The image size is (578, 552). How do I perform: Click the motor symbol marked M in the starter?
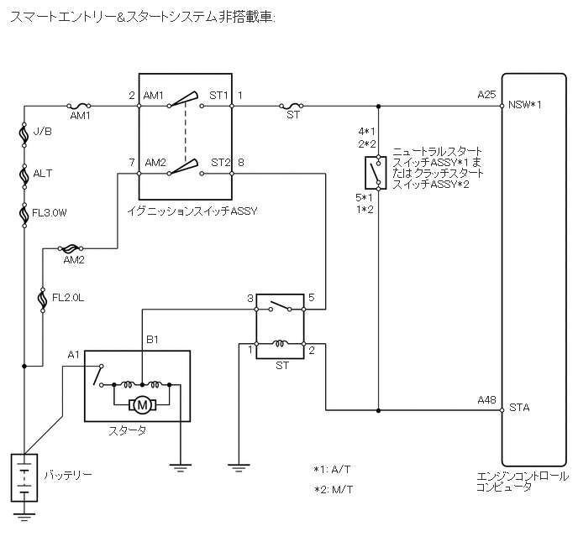[x=143, y=405]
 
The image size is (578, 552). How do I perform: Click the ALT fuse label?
[x=42, y=174]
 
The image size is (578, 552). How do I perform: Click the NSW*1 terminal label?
[x=524, y=106]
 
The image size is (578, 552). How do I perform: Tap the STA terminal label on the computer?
[x=518, y=409]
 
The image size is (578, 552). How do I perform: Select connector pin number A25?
[x=486, y=95]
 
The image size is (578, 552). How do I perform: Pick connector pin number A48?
[x=486, y=400]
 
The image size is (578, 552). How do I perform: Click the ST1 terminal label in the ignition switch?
[x=219, y=96]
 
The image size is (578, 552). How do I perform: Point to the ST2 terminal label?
[x=221, y=162]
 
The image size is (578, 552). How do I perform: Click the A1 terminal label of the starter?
[x=74, y=355]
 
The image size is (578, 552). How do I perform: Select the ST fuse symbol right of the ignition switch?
[x=292, y=107]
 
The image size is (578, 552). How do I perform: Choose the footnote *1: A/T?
[x=333, y=470]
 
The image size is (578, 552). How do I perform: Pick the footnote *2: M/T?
[x=334, y=489]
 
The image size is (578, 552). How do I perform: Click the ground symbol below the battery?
[x=26, y=514]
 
